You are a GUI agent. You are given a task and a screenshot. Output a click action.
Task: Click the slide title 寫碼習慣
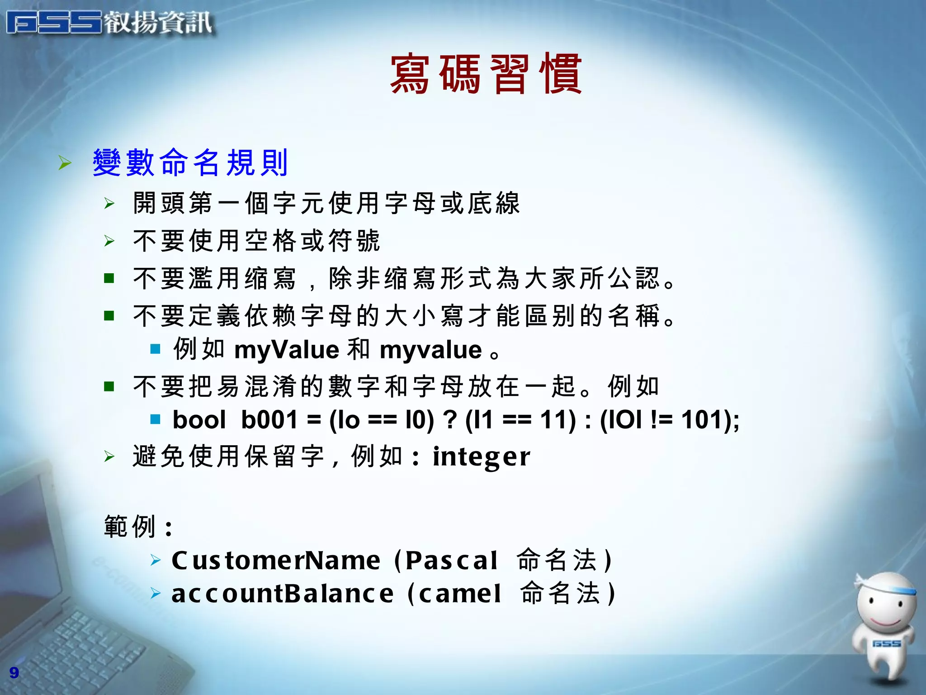coord(486,74)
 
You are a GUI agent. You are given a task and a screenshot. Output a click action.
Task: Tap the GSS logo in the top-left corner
coord(54,23)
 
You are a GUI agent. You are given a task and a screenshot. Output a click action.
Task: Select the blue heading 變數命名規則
coord(190,162)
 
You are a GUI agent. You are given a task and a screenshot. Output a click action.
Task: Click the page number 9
coord(14,672)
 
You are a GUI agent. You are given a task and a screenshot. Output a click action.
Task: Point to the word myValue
coord(287,350)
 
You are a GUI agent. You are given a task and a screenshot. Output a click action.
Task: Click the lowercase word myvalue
coord(430,350)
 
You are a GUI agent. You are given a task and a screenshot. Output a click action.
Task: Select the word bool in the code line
coord(199,419)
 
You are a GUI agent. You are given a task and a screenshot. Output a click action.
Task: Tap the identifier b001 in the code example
coord(269,419)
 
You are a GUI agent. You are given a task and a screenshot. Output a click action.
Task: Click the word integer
coord(481,457)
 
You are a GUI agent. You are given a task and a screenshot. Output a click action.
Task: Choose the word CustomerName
coord(276,561)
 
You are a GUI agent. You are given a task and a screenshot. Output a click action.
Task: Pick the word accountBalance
coord(283,594)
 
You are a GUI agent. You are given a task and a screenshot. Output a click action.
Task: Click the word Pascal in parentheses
coord(451,561)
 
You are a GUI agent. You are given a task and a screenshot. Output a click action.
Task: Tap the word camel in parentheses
coord(460,594)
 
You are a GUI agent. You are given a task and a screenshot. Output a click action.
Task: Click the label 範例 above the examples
coord(130,526)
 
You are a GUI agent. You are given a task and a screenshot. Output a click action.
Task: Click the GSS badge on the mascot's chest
coord(886,643)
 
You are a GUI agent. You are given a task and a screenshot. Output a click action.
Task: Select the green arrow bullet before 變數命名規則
coord(65,163)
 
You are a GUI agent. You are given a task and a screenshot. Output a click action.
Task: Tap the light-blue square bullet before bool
coord(156,419)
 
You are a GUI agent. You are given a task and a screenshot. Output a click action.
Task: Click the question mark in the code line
coord(450,419)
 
